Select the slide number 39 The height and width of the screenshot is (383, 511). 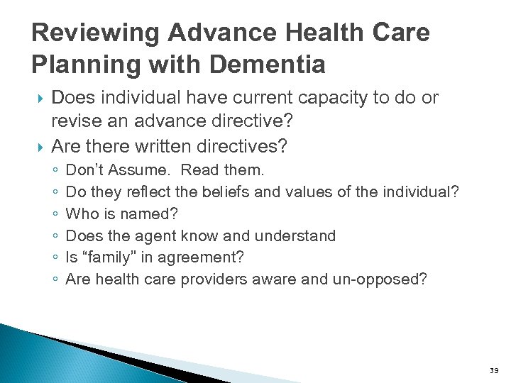tap(494, 371)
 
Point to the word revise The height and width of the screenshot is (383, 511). tap(75, 121)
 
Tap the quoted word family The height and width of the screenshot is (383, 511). tap(100, 257)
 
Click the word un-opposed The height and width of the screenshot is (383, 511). tap(380, 279)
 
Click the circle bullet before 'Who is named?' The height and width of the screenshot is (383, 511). tap(55, 214)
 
